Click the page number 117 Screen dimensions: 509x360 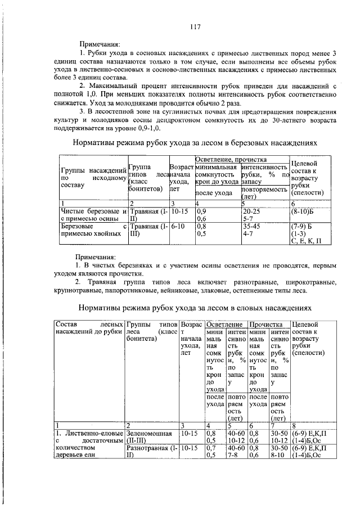[195, 26]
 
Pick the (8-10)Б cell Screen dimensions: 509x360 [303, 213]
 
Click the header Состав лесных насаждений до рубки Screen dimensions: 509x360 [88, 329]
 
